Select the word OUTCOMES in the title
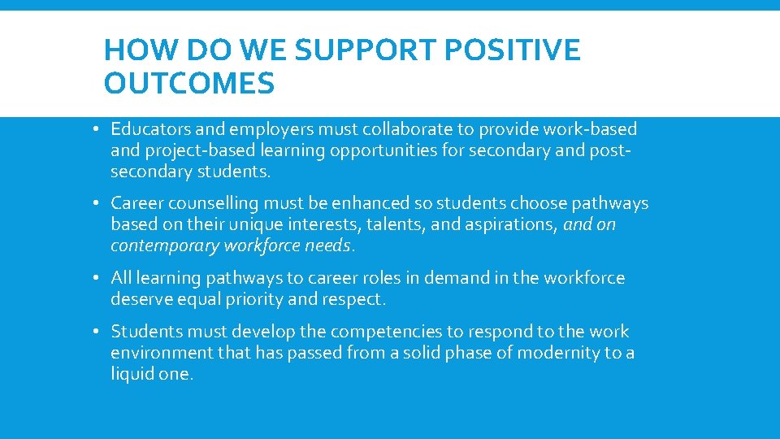[189, 83]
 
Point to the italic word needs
[329, 246]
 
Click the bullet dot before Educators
[96, 129]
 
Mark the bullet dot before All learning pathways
[96, 278]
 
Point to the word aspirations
[511, 224]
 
